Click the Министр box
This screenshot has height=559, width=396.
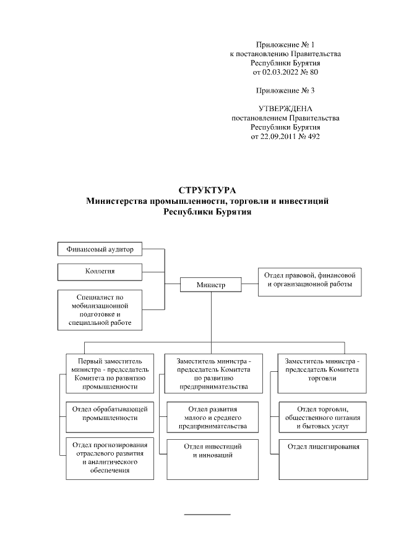[x=210, y=285]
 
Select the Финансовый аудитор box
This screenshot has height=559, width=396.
[x=100, y=250]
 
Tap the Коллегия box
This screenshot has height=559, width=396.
[x=100, y=271]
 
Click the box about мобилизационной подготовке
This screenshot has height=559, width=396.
[x=100, y=309]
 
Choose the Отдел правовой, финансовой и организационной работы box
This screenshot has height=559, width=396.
[x=309, y=280]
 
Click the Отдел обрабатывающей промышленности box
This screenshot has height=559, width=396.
[x=110, y=413]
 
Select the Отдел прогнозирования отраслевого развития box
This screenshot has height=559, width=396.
[x=110, y=457]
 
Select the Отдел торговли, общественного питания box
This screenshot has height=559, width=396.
[x=322, y=418]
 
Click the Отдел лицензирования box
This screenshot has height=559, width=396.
[x=322, y=446]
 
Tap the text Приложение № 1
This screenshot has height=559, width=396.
[x=285, y=45]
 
